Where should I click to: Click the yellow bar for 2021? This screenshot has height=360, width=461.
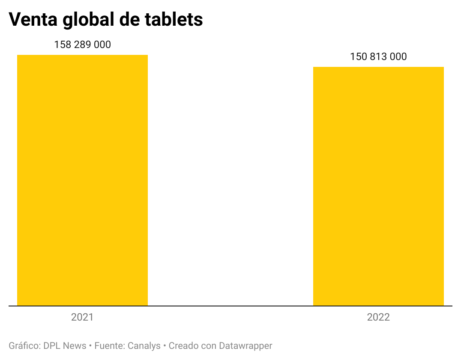coord(82,180)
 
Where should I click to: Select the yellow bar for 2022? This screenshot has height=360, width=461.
coord(378,186)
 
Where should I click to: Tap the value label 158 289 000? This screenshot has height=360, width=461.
coord(82,45)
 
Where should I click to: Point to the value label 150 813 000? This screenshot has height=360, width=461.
coord(378,57)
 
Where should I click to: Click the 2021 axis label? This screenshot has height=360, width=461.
coord(82,318)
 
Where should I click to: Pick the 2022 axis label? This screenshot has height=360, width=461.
coord(378,318)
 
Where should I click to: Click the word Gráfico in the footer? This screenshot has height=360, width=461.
coord(24,345)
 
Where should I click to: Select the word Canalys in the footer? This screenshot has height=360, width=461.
coord(144,345)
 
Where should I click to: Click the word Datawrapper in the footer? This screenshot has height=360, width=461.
coord(245,345)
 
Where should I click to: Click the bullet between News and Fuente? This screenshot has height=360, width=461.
coord(90,345)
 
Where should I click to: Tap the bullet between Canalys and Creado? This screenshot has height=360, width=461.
coord(165,345)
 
